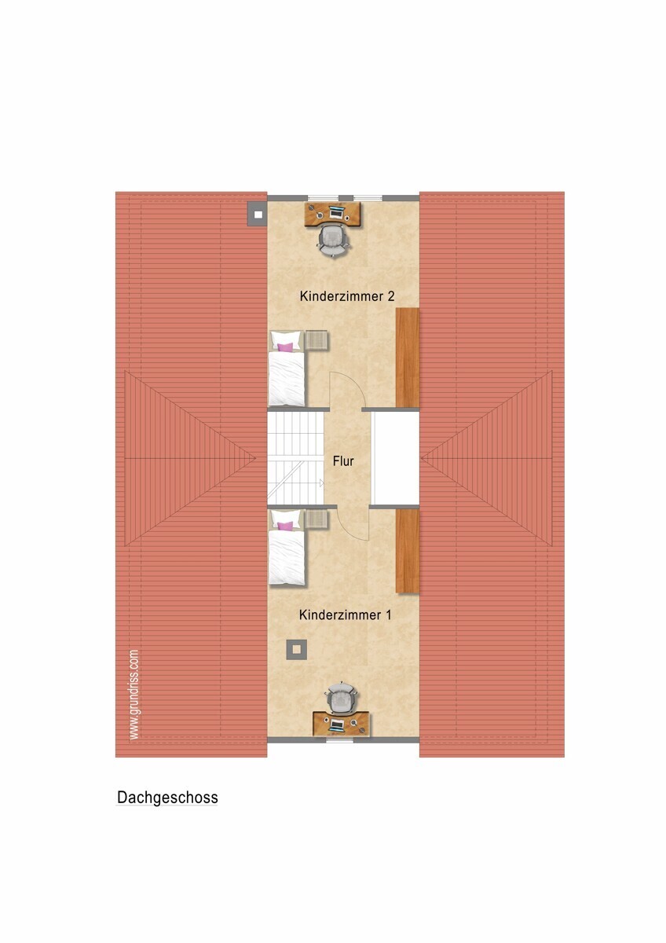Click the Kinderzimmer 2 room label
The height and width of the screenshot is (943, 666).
pyautogui.click(x=347, y=296)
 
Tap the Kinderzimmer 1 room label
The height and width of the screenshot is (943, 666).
pyautogui.click(x=346, y=615)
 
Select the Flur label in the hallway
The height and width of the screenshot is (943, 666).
pyautogui.click(x=343, y=461)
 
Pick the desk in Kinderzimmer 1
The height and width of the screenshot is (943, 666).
pyautogui.click(x=342, y=724)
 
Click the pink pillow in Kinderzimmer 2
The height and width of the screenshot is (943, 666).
pyautogui.click(x=285, y=347)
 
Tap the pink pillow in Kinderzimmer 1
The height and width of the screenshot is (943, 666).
pyautogui.click(x=285, y=526)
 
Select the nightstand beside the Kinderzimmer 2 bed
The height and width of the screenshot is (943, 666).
pyautogui.click(x=317, y=340)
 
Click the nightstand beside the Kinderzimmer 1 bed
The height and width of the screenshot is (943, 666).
pyautogui.click(x=317, y=519)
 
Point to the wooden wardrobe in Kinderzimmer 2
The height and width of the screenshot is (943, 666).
pyautogui.click(x=408, y=358)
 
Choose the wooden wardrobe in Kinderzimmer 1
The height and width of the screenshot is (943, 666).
pyautogui.click(x=408, y=551)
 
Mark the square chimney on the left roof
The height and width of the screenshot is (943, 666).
pyautogui.click(x=258, y=215)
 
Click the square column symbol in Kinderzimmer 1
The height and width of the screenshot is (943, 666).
pyautogui.click(x=297, y=650)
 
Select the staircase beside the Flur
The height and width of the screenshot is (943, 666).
pyautogui.click(x=296, y=458)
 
